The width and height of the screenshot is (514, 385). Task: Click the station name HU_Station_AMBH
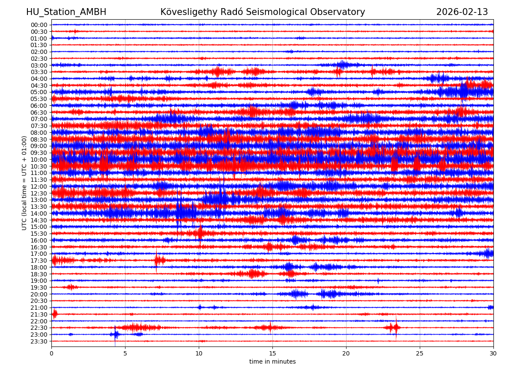[x=66, y=12]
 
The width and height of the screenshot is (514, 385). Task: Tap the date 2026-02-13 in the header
[x=462, y=12]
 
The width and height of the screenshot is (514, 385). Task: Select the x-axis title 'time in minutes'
[x=272, y=361]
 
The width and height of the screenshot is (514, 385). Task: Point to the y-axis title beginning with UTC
[x=24, y=183]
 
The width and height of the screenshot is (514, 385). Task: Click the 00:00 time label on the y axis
[x=39, y=25]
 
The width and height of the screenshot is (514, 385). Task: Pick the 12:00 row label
[x=39, y=187]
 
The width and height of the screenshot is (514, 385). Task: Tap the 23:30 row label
[x=39, y=341]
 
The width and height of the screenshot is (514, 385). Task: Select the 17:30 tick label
[x=39, y=261]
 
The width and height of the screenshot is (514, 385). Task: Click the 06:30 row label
[x=39, y=113]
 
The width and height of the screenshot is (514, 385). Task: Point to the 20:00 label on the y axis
[x=39, y=294]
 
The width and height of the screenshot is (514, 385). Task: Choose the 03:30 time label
[x=39, y=72]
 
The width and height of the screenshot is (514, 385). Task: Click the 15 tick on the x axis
[x=272, y=353]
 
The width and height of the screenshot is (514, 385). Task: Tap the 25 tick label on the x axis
[x=420, y=353]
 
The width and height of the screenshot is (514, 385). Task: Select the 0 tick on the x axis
[x=51, y=353]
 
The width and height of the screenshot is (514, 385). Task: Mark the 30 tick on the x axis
[x=493, y=353]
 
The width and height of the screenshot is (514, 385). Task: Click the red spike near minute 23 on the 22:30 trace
[x=396, y=328]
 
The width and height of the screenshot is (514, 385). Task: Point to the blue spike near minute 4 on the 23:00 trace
[x=115, y=335]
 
